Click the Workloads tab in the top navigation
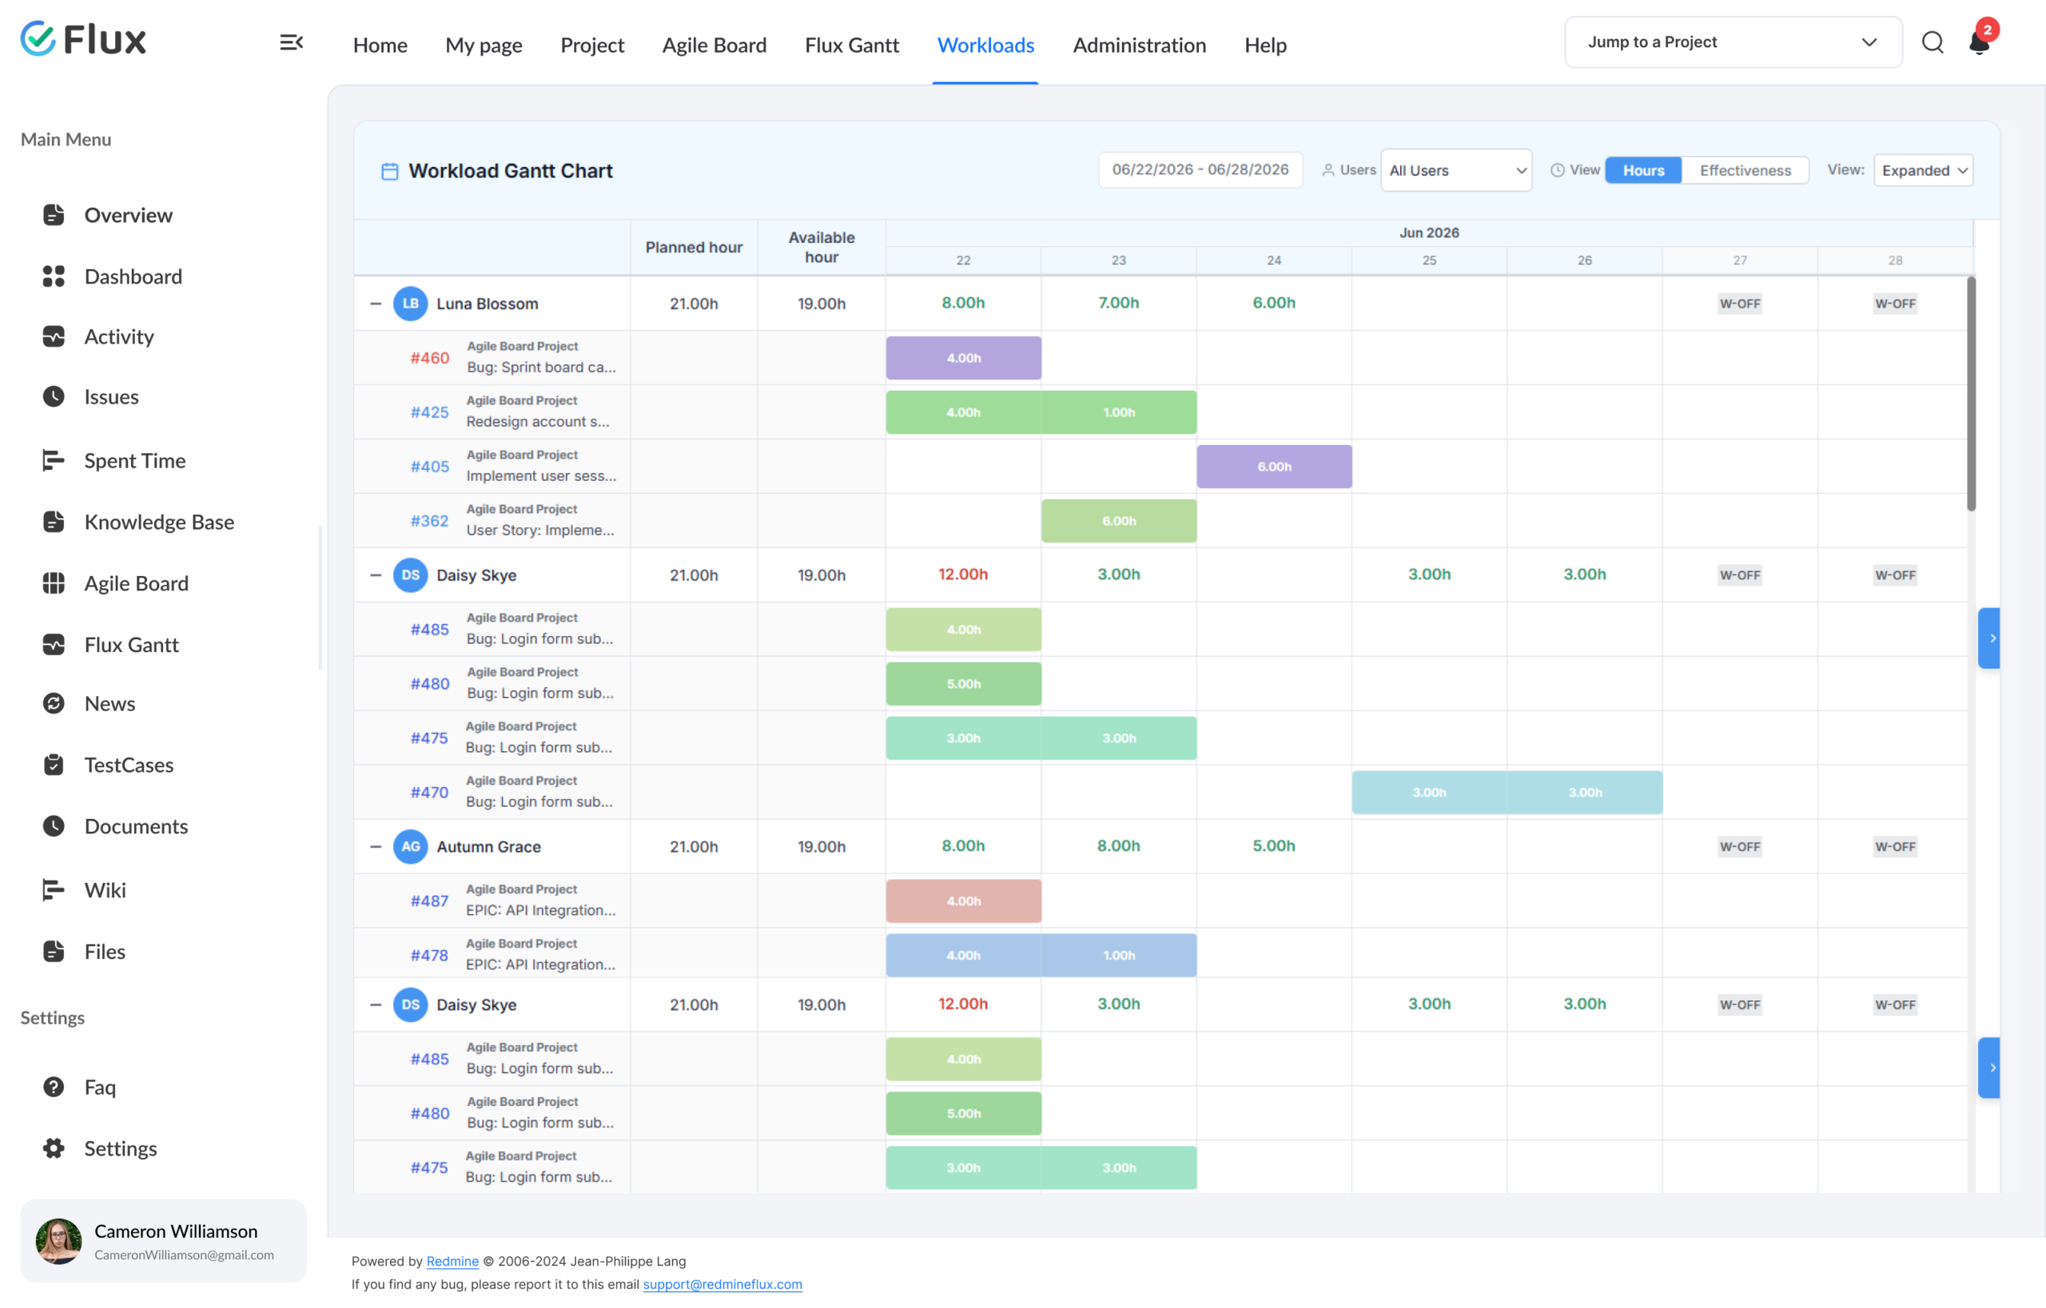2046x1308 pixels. click(985, 45)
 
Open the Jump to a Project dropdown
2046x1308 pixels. click(1733, 42)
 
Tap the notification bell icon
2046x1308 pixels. click(1979, 42)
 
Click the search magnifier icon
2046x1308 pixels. click(1933, 42)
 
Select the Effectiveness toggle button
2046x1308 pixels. click(1745, 171)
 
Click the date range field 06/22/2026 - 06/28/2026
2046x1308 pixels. click(1200, 170)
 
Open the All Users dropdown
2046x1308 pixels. click(1456, 171)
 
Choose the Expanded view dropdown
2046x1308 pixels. click(1923, 171)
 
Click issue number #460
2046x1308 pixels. click(430, 359)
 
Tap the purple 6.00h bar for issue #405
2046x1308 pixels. click(1275, 467)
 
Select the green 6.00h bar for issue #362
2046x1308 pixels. click(1119, 521)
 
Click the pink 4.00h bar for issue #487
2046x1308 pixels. click(964, 901)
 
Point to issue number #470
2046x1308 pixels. click(430, 793)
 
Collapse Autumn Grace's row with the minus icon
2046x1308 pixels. click(376, 847)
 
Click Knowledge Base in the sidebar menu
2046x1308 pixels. click(159, 523)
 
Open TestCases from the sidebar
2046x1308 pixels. click(129, 765)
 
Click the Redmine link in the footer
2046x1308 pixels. click(452, 1262)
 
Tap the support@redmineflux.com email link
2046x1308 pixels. click(722, 1284)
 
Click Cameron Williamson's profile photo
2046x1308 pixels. click(58, 1241)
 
